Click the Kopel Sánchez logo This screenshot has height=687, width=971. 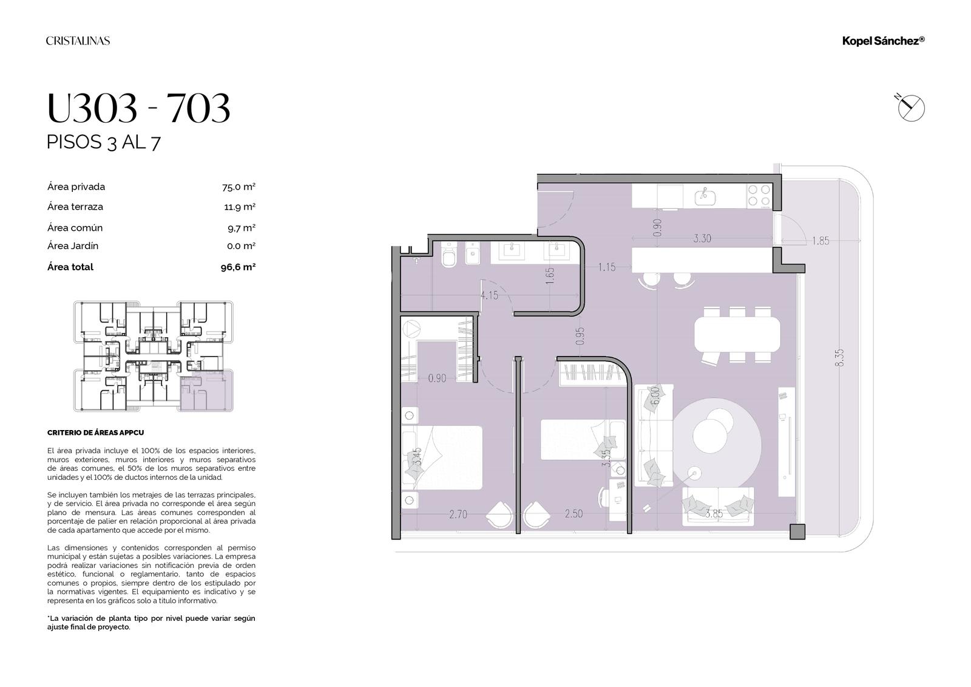[883, 41]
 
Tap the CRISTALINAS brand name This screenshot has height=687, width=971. [78, 41]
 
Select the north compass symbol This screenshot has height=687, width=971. [910, 108]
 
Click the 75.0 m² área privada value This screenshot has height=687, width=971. [239, 187]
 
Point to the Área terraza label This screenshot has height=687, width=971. [75, 207]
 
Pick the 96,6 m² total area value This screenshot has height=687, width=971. [238, 267]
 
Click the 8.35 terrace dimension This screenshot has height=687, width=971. [839, 358]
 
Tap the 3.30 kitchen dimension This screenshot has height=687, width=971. [702, 238]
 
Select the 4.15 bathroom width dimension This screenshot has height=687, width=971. [489, 296]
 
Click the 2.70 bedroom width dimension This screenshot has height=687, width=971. [458, 514]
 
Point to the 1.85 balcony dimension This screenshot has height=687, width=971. [820, 241]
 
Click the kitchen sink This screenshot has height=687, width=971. [705, 197]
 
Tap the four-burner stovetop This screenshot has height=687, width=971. [759, 196]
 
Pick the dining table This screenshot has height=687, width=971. [737, 334]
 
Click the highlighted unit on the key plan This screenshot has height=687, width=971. [206, 390]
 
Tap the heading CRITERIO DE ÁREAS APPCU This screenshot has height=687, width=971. [95, 432]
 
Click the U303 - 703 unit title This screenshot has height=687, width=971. [138, 108]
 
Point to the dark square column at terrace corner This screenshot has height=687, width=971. [797, 531]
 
